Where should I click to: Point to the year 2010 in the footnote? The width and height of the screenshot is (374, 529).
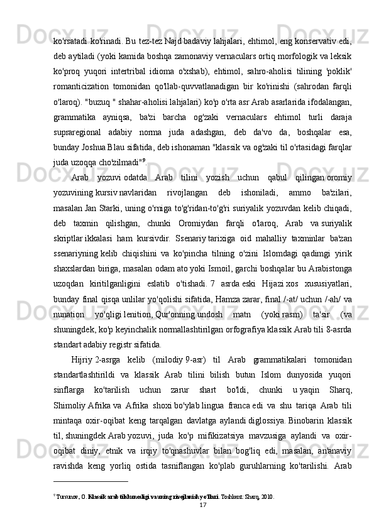(x=267, y=496)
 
